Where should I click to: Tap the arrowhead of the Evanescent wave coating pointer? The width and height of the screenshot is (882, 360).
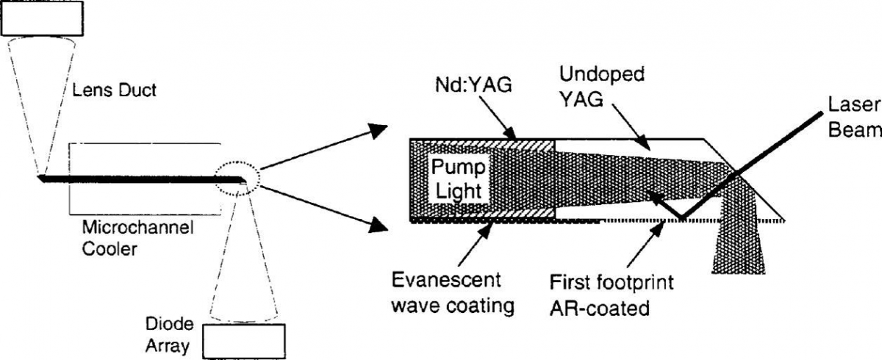click(x=490, y=225)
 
